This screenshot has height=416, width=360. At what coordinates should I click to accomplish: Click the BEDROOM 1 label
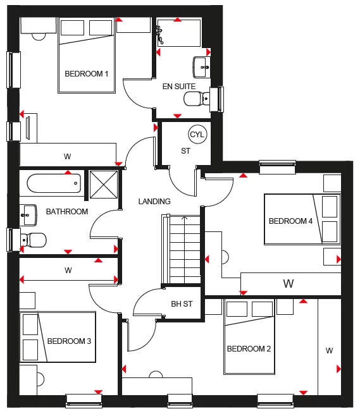pyautogui.click(x=87, y=74)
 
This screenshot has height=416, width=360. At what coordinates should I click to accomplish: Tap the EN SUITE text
pyautogui.click(x=178, y=86)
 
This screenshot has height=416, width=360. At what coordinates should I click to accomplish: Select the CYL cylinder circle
pyautogui.click(x=197, y=134)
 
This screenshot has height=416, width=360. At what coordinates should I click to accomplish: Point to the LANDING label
pyautogui.click(x=154, y=202)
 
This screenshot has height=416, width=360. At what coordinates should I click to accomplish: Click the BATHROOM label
pyautogui.click(x=67, y=212)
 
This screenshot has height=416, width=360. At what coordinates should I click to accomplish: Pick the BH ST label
pyautogui.click(x=181, y=304)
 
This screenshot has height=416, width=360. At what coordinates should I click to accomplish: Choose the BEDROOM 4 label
pyautogui.click(x=290, y=221)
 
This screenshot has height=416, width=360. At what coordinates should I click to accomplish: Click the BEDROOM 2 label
pyautogui.click(x=249, y=349)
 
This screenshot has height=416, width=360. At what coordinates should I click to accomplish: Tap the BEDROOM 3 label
pyautogui.click(x=69, y=341)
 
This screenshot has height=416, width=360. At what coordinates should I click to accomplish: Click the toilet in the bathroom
pyautogui.click(x=34, y=240)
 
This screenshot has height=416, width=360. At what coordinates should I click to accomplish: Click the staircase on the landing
pyautogui.click(x=185, y=250)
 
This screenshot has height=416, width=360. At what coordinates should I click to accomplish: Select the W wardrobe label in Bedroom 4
pyautogui.click(x=289, y=283)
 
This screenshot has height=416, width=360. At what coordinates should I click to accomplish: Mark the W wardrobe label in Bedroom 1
pyautogui.click(x=67, y=156)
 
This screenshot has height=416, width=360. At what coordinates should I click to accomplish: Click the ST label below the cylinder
pyautogui.click(x=185, y=151)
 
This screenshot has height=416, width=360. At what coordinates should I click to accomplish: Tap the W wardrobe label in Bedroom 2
pyautogui.click(x=329, y=350)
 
